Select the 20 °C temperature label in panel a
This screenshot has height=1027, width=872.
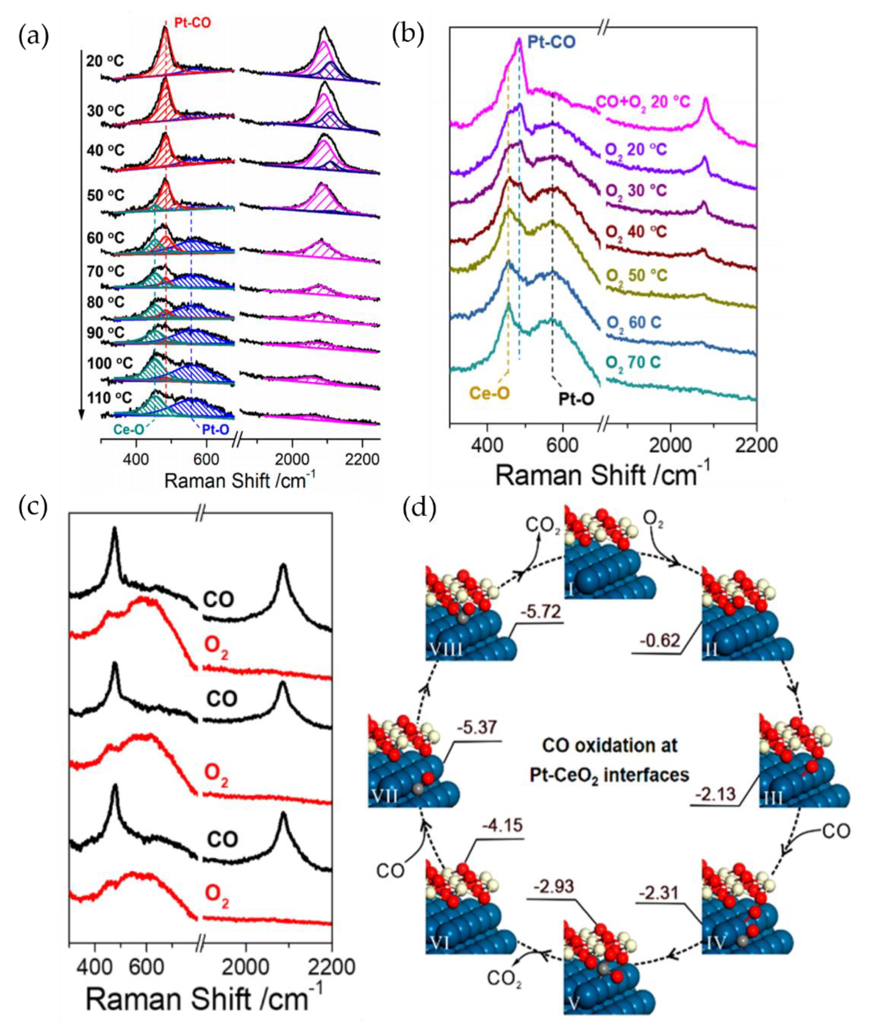[105, 61]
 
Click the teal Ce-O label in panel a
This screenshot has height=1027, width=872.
[129, 429]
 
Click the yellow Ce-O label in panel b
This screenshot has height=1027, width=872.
[489, 394]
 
